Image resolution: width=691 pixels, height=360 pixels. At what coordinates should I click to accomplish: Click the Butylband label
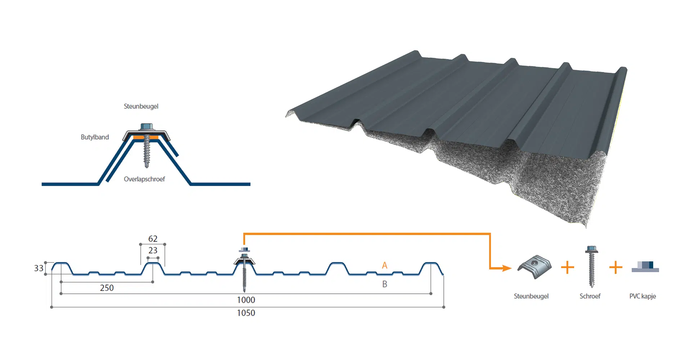95,137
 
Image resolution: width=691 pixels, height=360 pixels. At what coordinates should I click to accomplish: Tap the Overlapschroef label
144,179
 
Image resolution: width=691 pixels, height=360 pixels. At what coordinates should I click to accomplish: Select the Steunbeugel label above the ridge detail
141,106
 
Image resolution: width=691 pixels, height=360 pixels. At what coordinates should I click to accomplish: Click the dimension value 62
153,239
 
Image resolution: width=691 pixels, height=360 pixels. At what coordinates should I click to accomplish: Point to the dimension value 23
153,250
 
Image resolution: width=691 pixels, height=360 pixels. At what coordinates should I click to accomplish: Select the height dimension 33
39,268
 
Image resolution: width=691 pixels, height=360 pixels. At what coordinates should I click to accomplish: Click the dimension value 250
107,288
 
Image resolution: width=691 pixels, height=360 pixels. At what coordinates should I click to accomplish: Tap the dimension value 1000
246,300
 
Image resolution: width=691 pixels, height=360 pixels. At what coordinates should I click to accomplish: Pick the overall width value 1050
246,313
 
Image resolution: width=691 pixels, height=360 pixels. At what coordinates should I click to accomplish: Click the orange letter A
385,266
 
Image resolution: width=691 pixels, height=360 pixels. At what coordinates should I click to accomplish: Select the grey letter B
385,284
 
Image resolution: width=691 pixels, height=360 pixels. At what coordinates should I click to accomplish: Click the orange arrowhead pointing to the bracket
507,268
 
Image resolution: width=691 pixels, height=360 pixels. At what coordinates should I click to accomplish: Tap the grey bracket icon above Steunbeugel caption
534,267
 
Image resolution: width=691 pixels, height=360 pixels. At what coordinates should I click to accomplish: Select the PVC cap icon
645,267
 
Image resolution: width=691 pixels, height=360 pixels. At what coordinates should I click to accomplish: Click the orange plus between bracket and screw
568,267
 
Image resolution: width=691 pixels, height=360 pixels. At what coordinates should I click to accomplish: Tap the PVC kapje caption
643,296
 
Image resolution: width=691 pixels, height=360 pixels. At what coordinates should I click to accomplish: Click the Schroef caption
590,296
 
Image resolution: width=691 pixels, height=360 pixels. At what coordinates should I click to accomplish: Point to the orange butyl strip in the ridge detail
146,137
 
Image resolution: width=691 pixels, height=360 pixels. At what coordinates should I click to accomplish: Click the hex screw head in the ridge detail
146,126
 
